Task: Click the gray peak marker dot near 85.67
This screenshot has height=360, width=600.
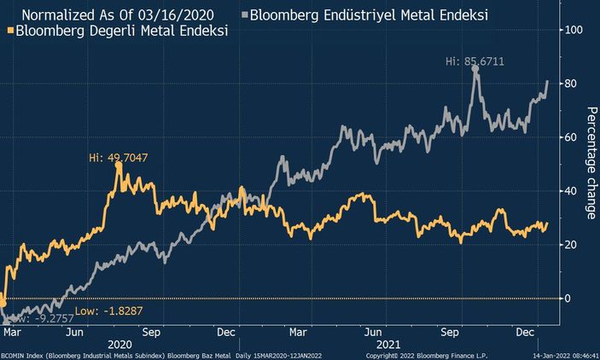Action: coord(475,69)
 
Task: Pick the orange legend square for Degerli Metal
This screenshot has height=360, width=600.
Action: coord(9,31)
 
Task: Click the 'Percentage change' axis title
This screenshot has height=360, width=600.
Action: coord(590,162)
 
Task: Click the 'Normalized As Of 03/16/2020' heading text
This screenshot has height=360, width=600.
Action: coord(118,15)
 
